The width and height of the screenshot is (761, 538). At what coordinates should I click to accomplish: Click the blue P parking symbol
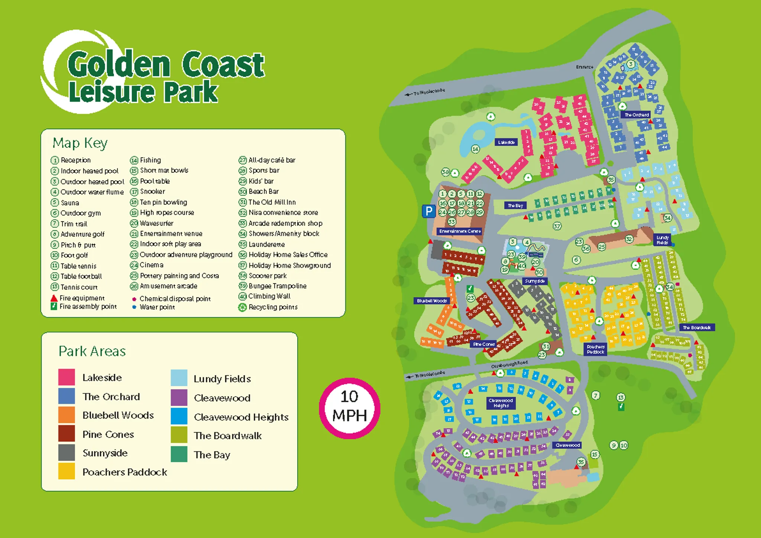[428, 211]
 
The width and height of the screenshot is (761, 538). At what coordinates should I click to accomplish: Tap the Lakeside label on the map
[506, 142]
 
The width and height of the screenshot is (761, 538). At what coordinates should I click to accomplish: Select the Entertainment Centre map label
[460, 231]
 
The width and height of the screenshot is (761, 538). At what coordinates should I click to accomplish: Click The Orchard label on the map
[637, 115]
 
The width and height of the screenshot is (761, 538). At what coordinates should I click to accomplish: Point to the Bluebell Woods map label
[431, 301]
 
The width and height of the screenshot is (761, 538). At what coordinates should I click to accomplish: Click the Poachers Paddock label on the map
[595, 349]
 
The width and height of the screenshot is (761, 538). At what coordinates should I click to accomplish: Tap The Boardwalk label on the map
[697, 327]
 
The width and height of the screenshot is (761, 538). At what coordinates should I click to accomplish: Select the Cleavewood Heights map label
[501, 403]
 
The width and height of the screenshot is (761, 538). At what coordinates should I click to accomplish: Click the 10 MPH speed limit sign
[349, 407]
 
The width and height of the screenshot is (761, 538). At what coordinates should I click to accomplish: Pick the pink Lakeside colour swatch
[67, 377]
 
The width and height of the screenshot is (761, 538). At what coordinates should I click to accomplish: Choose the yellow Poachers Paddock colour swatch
[67, 471]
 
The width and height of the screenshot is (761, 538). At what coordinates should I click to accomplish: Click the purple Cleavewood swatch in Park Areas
[179, 398]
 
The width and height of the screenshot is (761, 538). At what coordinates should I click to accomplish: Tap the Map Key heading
[80, 143]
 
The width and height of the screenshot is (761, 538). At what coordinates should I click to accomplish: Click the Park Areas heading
[92, 351]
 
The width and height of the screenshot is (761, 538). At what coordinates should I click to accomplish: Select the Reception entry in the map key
[75, 160]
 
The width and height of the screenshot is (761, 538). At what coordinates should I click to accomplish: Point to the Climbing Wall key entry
[269, 296]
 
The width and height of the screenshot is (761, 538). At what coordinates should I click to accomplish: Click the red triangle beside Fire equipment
[54, 298]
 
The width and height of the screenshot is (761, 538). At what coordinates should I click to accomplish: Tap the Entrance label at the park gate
[584, 67]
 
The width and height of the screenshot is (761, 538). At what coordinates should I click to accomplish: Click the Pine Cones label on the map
[484, 344]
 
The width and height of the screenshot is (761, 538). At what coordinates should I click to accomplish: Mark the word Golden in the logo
[119, 65]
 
